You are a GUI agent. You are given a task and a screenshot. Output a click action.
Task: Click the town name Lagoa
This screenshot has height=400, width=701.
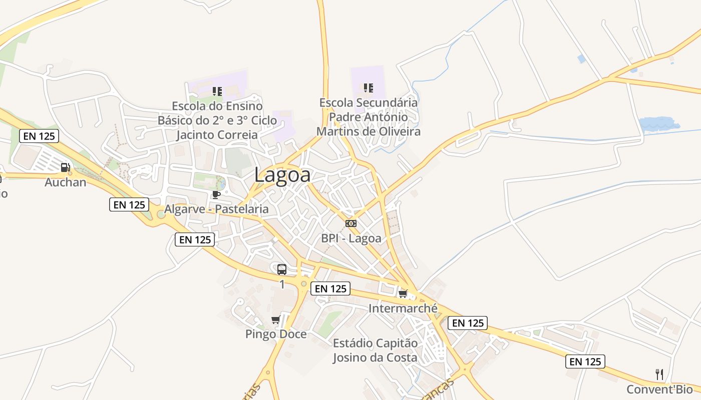coord(282,175)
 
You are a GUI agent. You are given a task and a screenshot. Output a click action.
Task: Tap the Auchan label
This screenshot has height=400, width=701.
coord(66,182)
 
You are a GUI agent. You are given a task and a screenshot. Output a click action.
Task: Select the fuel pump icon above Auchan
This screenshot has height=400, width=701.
coord(66,167)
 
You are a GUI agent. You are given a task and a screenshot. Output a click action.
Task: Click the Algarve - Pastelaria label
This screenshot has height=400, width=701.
coord(216,209)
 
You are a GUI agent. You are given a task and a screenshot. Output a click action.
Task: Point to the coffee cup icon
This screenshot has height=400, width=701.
coord(216,194)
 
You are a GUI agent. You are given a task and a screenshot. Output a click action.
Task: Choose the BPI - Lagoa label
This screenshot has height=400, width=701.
coord(351,238)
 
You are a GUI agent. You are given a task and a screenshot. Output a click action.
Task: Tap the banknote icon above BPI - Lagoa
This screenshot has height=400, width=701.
coord(351,223)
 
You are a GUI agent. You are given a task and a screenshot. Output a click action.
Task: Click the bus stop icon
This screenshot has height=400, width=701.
coord(282,269)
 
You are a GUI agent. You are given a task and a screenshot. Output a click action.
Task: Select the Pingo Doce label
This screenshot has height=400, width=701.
coord(276,334)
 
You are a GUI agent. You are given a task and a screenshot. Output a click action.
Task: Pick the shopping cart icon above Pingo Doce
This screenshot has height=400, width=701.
coord(275,320)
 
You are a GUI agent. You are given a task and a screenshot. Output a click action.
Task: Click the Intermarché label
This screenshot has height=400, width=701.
coord(403,308)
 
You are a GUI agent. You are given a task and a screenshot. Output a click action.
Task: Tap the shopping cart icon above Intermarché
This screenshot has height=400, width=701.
coord(403,293)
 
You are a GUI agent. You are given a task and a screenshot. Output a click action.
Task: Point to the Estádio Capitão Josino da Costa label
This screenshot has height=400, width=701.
coord(375,350)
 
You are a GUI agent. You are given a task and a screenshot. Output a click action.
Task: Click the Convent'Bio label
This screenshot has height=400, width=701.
coord(659,389)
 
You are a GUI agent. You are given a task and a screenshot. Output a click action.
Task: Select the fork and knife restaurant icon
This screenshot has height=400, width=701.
coord(659,374)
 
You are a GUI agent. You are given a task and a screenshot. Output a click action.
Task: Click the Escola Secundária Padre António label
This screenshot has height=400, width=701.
coord(369,117)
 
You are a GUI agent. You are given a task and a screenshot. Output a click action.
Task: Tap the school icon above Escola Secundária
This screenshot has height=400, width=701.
coord(369,88)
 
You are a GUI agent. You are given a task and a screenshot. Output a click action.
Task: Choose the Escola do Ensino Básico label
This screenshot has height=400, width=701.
coord(217,120)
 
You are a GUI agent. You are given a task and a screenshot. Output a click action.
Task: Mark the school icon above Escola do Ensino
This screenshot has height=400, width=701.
coord(217,91)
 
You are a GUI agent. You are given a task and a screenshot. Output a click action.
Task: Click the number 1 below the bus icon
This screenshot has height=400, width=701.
coord(282,284)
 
